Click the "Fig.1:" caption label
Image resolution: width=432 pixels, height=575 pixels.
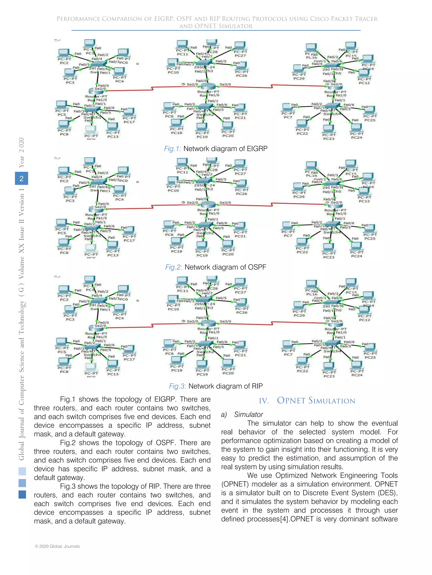[173, 149]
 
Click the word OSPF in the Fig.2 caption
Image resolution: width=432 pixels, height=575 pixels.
[257, 267]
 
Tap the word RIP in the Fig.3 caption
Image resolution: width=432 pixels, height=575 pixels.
[257, 386]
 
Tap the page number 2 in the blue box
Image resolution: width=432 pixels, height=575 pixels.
[22, 178]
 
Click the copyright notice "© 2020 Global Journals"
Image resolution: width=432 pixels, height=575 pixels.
[57, 546]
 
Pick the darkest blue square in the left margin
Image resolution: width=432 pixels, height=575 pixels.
[22, 494]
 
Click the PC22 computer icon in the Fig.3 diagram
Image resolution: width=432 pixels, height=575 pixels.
[302, 361]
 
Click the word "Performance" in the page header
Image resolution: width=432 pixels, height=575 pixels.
[78, 19]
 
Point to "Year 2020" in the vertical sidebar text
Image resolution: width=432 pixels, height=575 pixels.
[21, 153]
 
